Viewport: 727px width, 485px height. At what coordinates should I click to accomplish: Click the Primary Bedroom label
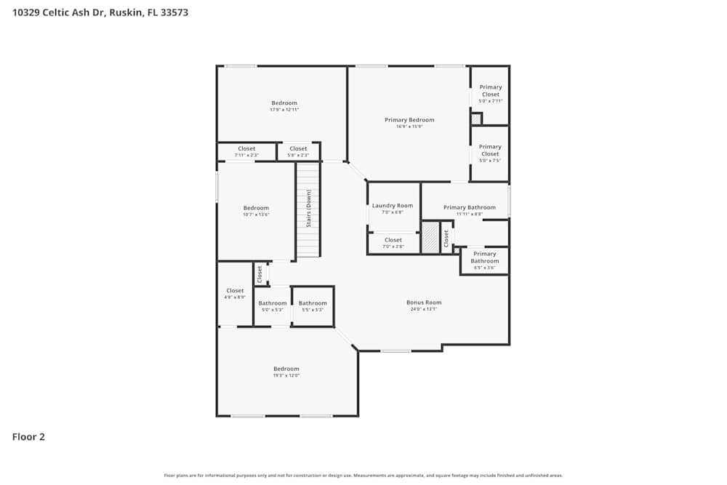coord(409,120)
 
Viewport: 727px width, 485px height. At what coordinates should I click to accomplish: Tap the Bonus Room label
coord(423,302)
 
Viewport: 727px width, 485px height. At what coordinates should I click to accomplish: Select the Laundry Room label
coord(393,206)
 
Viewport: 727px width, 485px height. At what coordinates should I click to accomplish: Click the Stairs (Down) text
coord(308,209)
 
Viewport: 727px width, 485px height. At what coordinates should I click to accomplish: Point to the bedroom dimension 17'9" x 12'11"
coord(284,110)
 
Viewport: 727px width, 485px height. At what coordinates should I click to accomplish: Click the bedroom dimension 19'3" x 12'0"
coord(286,376)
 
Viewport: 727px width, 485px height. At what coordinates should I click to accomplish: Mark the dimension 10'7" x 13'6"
coord(256,215)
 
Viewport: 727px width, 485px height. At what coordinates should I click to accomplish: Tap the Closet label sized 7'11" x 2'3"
coord(246,148)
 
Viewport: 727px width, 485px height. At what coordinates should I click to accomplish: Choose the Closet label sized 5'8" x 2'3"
coord(298,148)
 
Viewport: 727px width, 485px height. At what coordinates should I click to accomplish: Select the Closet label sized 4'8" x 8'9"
coord(235,291)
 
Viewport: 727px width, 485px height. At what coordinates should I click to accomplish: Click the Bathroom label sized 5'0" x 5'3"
coord(273,303)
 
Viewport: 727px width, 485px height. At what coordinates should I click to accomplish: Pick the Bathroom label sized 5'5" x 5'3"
coord(313,303)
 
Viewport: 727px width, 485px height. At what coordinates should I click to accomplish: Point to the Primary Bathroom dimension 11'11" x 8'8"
coord(464,214)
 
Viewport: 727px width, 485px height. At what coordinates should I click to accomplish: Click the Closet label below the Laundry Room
coord(393,240)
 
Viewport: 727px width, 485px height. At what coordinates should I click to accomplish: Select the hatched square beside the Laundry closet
coord(430,238)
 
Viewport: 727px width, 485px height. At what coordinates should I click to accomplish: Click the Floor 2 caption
coord(28,437)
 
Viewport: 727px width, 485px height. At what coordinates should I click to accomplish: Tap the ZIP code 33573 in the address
coord(174,12)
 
